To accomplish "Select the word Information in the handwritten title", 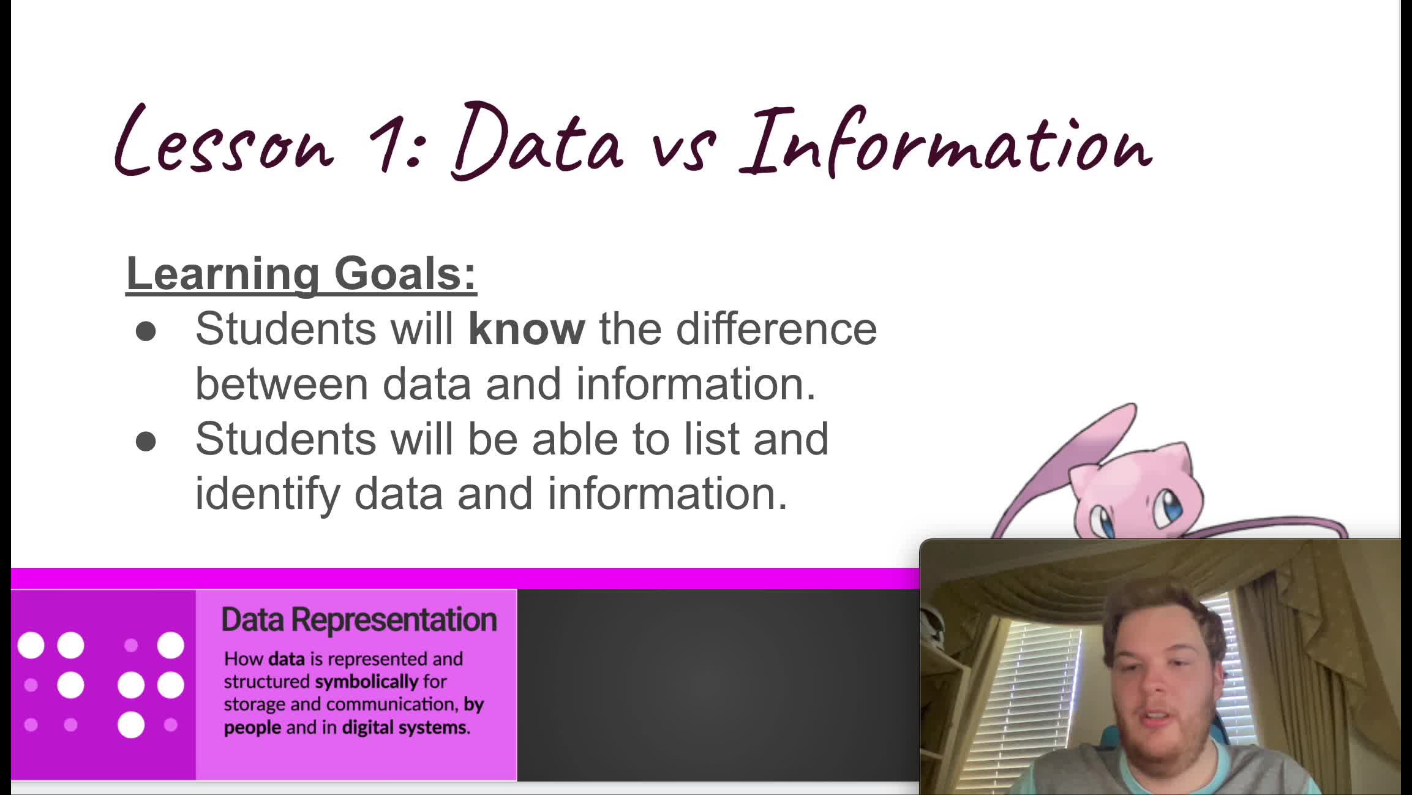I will (x=946, y=142).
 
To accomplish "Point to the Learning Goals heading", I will (x=301, y=274).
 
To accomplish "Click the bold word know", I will (x=526, y=329).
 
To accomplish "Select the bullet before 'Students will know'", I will (x=146, y=332).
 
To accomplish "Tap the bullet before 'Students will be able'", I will (x=146, y=442).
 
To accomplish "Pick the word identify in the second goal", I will (x=267, y=494).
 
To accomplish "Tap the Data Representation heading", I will (x=359, y=620).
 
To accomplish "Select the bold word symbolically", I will (x=366, y=682).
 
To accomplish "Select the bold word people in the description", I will (x=252, y=728).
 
